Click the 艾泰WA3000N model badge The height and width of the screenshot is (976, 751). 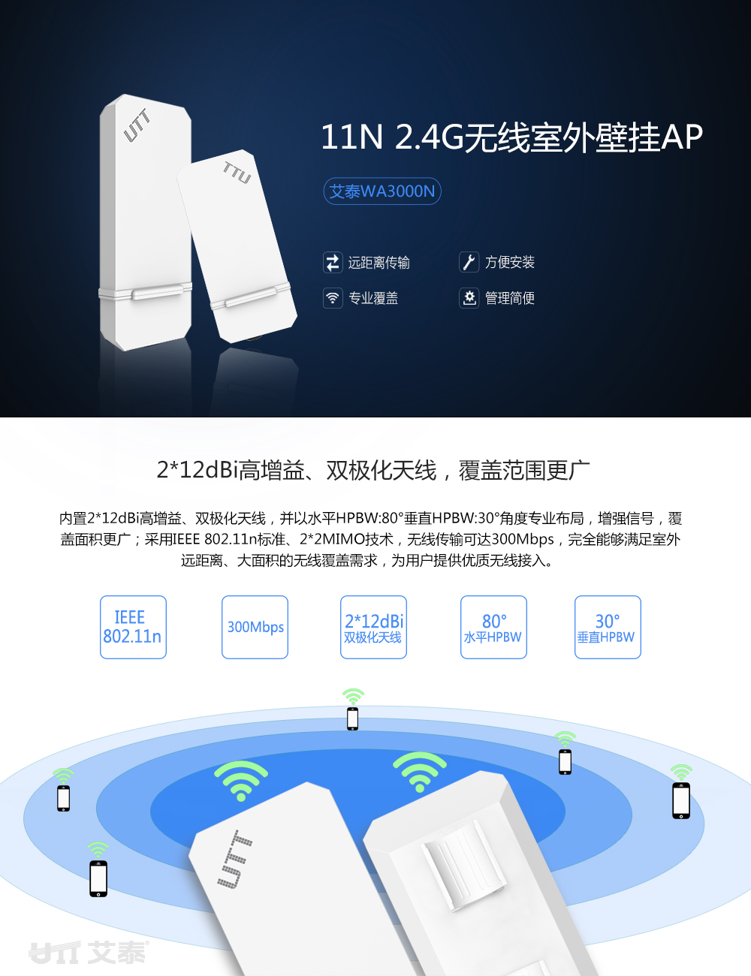(x=382, y=191)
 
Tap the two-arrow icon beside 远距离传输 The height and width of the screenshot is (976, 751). (x=333, y=262)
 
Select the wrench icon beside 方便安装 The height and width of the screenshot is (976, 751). (x=469, y=262)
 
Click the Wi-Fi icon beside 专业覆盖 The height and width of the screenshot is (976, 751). (x=333, y=298)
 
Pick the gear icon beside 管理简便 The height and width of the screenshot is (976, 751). (x=469, y=298)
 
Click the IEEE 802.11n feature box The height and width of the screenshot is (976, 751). (x=133, y=627)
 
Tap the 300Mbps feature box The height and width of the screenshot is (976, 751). (x=255, y=627)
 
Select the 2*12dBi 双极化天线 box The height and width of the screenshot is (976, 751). (x=373, y=627)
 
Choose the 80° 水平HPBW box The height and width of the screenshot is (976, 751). (x=493, y=627)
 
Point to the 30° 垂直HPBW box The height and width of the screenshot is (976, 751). (x=608, y=627)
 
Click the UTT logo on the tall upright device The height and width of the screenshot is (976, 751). (x=137, y=126)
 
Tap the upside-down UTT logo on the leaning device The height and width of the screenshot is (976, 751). (x=237, y=173)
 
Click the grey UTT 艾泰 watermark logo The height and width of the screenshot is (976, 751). (x=89, y=952)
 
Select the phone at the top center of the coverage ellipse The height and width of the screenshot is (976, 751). (x=352, y=718)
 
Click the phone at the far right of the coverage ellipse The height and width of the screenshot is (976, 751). (x=681, y=801)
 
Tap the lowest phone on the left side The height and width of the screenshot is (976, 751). (x=98, y=878)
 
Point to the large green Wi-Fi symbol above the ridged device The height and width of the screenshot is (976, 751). (x=420, y=772)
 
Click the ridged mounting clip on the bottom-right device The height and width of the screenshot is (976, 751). (x=465, y=865)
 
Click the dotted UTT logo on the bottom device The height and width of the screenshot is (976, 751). (x=234, y=859)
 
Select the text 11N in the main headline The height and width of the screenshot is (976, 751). (x=351, y=137)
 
